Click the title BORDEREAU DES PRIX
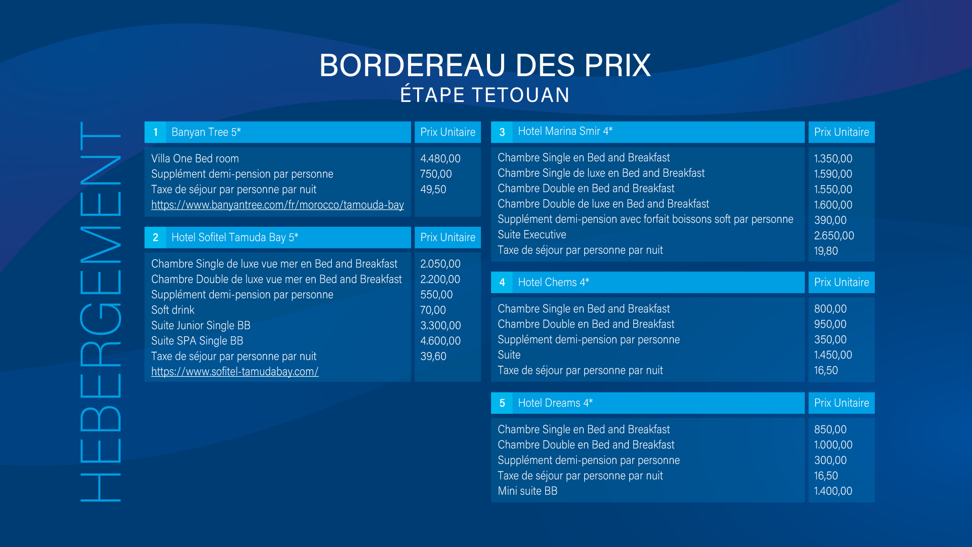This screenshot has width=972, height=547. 485,65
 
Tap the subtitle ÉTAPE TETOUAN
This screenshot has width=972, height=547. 485,95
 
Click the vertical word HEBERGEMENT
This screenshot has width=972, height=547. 100,312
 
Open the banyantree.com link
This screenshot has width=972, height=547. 277,205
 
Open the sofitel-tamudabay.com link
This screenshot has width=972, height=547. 235,371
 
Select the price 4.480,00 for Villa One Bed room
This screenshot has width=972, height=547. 440,159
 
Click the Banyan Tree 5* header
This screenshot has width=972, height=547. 206,132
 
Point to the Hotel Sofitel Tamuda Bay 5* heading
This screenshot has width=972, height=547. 235,238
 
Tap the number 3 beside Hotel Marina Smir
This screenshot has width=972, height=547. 502,132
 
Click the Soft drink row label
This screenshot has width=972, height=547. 173,310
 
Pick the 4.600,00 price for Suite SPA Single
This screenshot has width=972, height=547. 440,341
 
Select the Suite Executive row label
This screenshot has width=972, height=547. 532,235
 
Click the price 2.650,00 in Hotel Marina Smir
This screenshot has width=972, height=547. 834,236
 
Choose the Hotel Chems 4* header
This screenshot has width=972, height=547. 554,282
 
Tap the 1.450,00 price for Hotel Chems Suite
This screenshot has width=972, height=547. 833,355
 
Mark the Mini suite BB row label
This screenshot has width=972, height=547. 528,491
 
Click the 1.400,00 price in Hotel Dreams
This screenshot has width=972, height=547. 833,491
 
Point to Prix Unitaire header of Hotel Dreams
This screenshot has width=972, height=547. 841,403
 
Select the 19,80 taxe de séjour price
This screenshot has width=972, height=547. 826,251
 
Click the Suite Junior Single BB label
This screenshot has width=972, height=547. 201,325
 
